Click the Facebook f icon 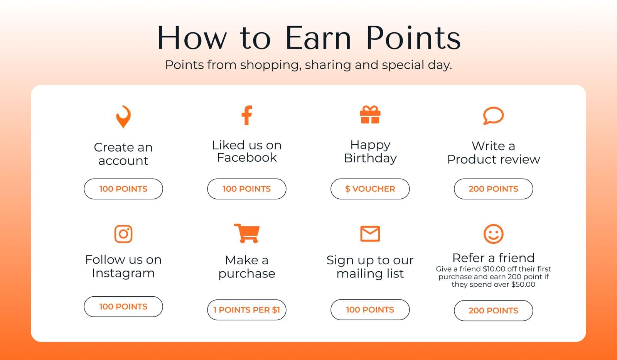pos(247,115)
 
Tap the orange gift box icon pos(370,115)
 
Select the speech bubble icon pos(493,116)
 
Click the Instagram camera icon pos(123,234)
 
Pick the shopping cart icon pos(247,233)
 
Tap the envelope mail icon pos(370,233)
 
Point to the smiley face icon pos(493,234)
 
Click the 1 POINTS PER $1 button pos(247,310)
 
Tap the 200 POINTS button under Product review pos(493,189)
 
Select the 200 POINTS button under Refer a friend pos(493,311)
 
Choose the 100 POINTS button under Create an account pos(123,189)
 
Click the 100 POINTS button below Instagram pos(123,306)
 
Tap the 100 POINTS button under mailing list pos(370,309)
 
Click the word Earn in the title pos(318,38)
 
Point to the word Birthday pos(370,158)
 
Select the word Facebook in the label pos(247,157)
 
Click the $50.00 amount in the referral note pos(523,284)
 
